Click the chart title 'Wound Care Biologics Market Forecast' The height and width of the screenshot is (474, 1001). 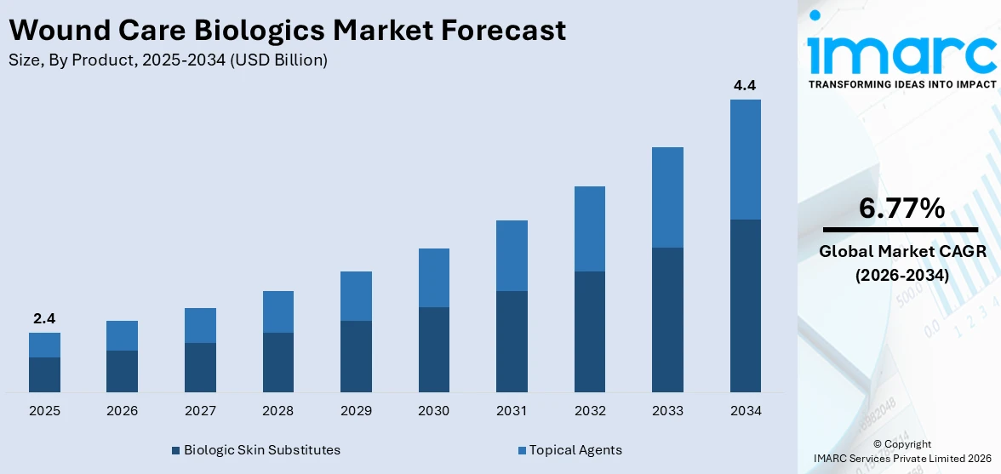[x=287, y=31]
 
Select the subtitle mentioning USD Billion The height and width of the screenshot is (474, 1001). [x=168, y=60]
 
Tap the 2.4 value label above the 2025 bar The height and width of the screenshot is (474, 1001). [x=44, y=319]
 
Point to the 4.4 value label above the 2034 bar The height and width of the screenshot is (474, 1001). [x=745, y=85]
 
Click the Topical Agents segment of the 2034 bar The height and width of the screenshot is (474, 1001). [x=745, y=159]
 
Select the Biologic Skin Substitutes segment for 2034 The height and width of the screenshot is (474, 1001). [x=745, y=306]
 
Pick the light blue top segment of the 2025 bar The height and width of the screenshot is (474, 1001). [x=44, y=345]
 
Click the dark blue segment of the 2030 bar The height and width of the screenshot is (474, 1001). [x=434, y=349]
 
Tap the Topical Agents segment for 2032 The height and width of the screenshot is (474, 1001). [x=590, y=229]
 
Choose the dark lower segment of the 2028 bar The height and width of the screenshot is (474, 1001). [x=278, y=362]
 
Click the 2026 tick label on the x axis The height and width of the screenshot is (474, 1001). [x=123, y=411]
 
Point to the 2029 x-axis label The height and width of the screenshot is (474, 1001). [x=356, y=411]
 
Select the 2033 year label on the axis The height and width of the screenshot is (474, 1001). [x=667, y=411]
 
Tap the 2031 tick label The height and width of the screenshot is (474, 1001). [x=512, y=411]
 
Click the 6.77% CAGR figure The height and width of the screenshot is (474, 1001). [x=901, y=208]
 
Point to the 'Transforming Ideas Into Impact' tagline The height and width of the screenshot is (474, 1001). [x=901, y=84]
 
